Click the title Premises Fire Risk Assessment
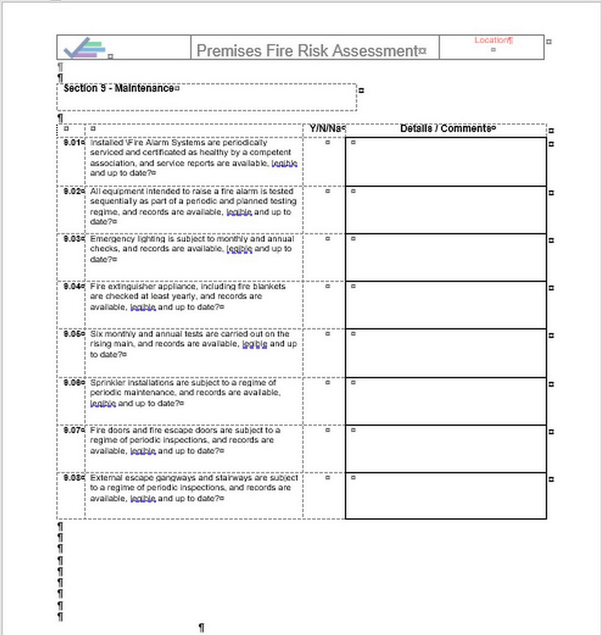307,51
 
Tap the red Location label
491,40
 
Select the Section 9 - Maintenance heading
118,89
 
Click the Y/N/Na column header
326,128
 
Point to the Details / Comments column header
445,128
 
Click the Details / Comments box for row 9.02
445,210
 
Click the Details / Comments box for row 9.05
445,353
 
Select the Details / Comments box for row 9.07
445,449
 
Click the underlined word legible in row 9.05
255,344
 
